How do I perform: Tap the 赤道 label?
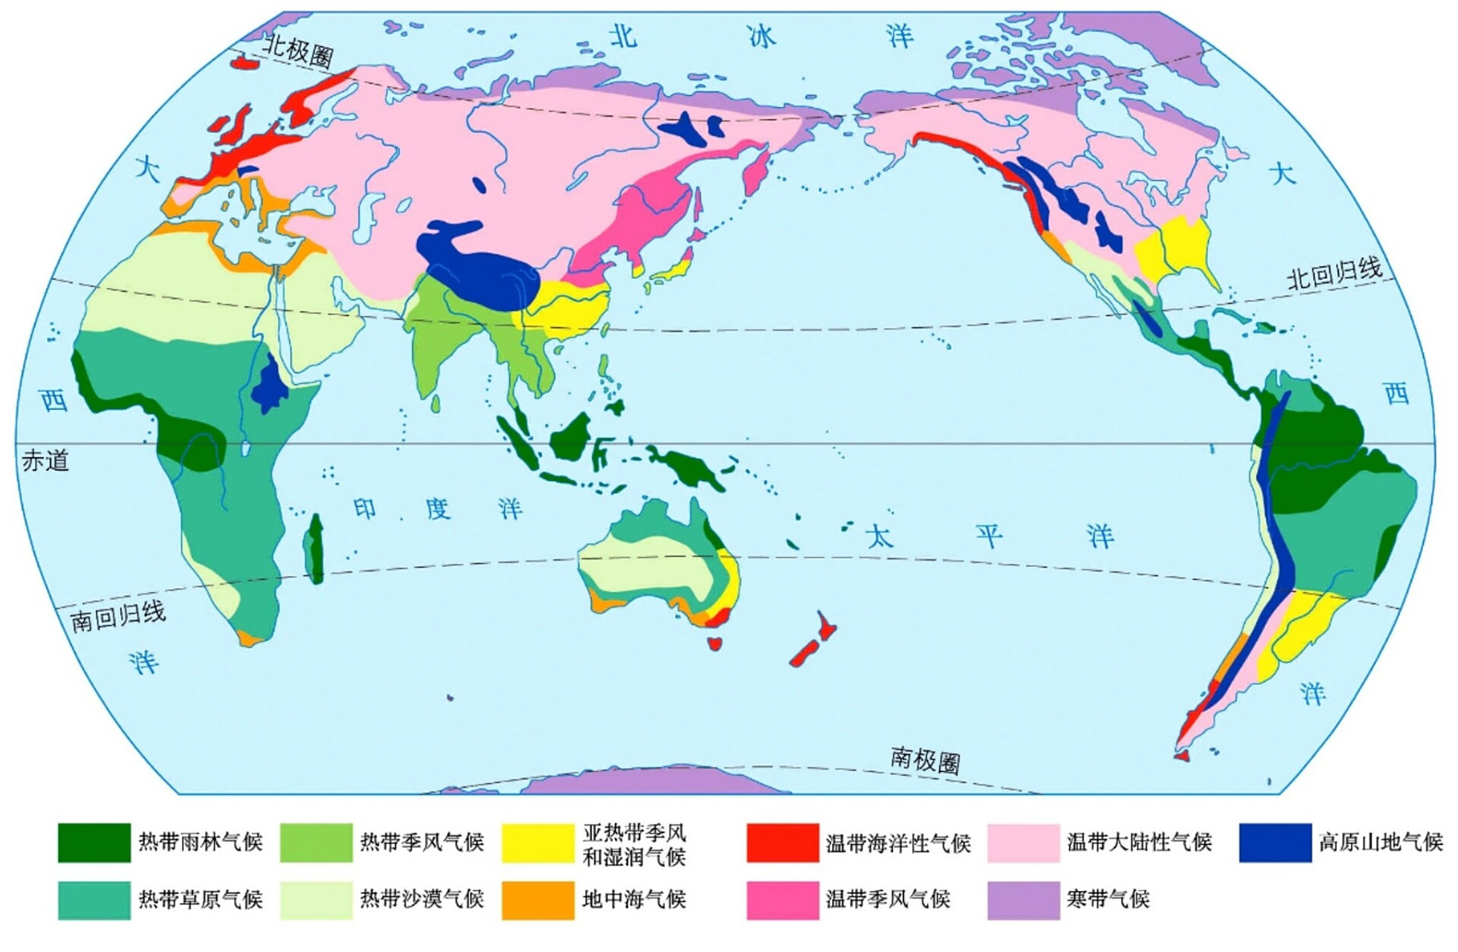(x=45, y=461)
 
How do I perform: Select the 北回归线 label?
(x=1335, y=274)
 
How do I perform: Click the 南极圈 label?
(x=925, y=760)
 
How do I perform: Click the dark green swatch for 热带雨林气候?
(x=94, y=842)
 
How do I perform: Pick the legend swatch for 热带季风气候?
(x=315, y=842)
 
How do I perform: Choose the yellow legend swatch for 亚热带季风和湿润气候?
(x=538, y=842)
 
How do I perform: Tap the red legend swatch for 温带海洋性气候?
(x=782, y=842)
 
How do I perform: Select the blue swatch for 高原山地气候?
(x=1274, y=842)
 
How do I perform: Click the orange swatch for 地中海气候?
(x=538, y=900)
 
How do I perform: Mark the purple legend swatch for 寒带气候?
(x=1023, y=900)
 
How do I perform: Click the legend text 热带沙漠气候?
(x=422, y=899)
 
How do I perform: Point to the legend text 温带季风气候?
(x=888, y=899)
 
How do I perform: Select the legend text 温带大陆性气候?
(x=1139, y=842)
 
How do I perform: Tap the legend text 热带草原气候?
(x=200, y=899)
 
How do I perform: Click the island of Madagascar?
(x=315, y=548)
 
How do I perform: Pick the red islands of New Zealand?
(x=813, y=640)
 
